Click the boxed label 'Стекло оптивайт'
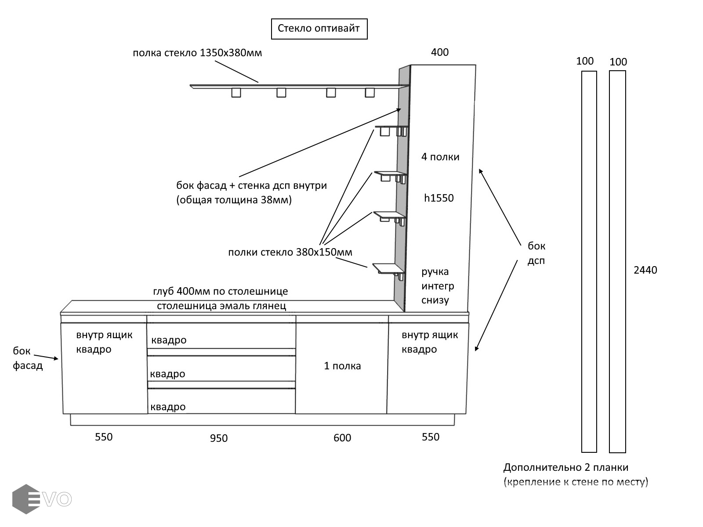pos(319,29)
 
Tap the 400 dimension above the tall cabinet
pos(439,52)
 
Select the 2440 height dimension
pos(645,270)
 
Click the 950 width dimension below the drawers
pos(219,438)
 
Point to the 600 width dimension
pos(342,438)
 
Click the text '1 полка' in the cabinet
pos(342,366)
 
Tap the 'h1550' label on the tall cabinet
pos(438,198)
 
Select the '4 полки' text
pos(440,157)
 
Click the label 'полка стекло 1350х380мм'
pos(197,53)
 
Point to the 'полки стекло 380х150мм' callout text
pos(290,253)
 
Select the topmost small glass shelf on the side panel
pos(391,127)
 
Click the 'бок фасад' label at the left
pos(27,358)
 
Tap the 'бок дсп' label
pos(536,253)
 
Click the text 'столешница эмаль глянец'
pos(221,306)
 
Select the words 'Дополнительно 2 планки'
pos(565,467)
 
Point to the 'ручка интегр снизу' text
pos(438,286)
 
